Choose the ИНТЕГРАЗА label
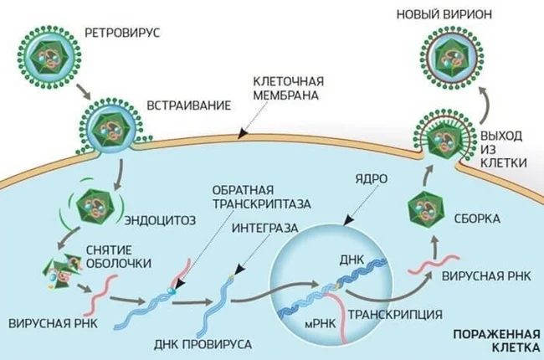[x=259, y=227]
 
